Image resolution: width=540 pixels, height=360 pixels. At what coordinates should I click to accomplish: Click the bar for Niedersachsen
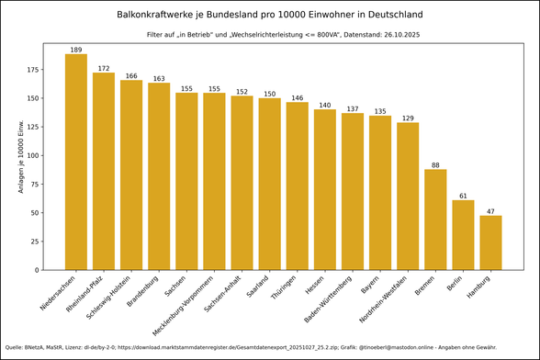click(76, 162)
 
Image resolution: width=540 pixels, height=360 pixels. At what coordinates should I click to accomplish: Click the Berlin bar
click(463, 235)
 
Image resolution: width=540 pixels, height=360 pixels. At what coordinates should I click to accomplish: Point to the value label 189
click(76, 50)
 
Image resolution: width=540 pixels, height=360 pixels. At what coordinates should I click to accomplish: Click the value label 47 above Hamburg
click(490, 212)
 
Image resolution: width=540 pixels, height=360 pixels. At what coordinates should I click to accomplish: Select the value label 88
click(435, 165)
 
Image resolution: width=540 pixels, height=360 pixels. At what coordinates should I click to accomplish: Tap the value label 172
click(104, 69)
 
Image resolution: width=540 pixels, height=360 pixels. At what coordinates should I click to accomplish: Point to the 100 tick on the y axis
click(35, 155)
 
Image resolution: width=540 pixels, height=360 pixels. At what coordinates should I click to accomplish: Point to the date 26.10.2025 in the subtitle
click(374, 34)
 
